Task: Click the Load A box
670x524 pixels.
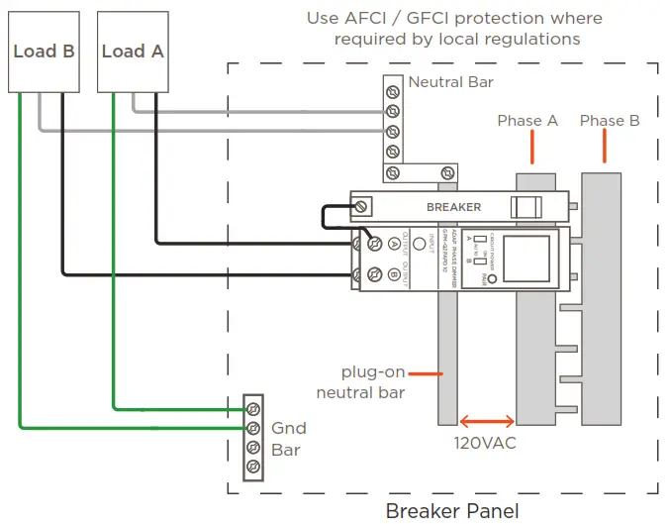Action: click(x=132, y=52)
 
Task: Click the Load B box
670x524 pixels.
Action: click(x=44, y=52)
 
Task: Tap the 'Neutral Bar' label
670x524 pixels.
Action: click(x=450, y=82)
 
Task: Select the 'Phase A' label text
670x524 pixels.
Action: click(x=527, y=121)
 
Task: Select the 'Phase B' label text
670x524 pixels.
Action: click(x=610, y=121)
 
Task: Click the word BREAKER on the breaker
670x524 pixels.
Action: click(x=453, y=207)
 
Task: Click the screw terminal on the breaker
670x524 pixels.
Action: click(x=363, y=206)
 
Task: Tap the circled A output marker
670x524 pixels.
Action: click(x=394, y=242)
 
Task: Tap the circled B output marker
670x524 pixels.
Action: click(x=394, y=275)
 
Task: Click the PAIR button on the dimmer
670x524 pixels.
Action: click(x=492, y=267)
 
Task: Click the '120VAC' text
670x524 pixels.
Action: click(x=485, y=443)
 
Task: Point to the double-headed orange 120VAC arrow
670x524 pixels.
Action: click(x=485, y=421)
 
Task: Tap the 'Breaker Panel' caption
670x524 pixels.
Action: click(x=451, y=511)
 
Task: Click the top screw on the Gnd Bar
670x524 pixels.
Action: click(x=253, y=407)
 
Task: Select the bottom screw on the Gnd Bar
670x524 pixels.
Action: click(x=253, y=467)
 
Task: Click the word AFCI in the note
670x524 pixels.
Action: click(x=388, y=19)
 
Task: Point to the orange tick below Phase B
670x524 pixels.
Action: click(x=604, y=148)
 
